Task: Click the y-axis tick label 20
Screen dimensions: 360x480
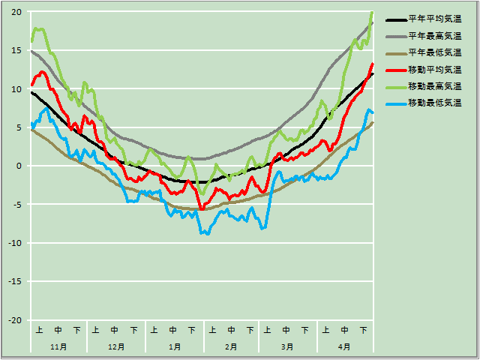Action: [16, 12]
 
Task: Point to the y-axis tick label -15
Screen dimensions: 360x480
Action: [14, 281]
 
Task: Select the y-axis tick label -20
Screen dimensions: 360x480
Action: [14, 320]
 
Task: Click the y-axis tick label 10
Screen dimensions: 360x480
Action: [16, 88]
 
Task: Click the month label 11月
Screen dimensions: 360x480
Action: [58, 347]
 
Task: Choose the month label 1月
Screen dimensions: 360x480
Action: [174, 347]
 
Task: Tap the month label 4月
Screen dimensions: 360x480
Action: [344, 347]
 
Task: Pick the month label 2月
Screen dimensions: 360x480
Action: [231, 347]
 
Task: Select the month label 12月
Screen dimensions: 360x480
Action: [116, 347]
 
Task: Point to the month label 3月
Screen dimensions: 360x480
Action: [287, 347]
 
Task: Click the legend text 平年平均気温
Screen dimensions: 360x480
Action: [434, 19]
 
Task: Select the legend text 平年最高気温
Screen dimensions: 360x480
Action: [434, 36]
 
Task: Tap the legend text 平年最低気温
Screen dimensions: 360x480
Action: [434, 52]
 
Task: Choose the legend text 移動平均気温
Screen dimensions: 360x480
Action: [434, 69]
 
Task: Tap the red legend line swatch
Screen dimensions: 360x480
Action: [395, 69]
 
